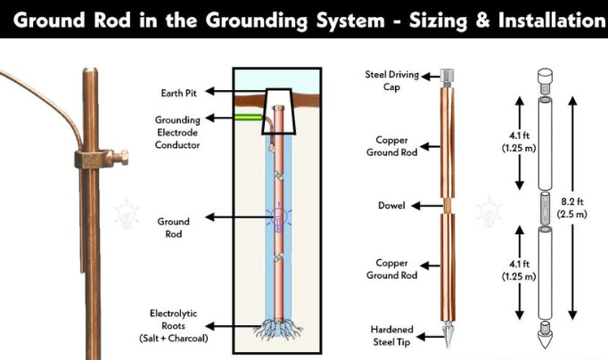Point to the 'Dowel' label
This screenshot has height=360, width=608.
pyautogui.click(x=391, y=206)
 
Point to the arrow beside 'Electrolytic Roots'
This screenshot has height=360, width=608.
pyautogui.click(x=234, y=325)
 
